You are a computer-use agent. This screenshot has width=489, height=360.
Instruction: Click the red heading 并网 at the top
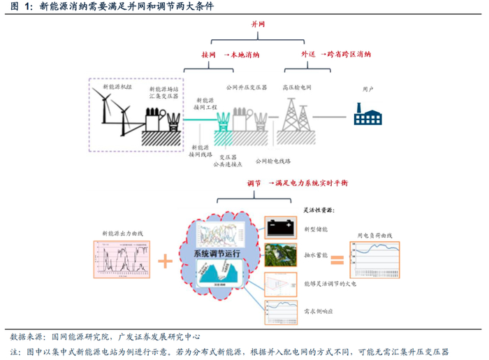click(258, 24)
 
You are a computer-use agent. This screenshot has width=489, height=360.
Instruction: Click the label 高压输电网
click(297, 88)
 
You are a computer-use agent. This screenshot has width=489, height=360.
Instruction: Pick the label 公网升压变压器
click(247, 88)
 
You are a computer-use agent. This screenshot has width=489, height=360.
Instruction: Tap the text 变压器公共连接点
click(230, 161)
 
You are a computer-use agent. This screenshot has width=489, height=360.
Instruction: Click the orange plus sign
click(165, 261)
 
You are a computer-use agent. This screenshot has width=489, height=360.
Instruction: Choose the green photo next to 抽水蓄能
click(282, 256)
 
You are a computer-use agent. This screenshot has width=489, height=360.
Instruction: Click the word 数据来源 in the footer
click(26, 337)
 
